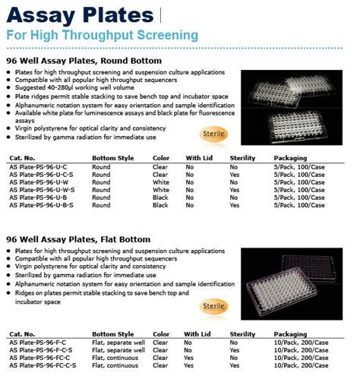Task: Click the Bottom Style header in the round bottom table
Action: (112, 157)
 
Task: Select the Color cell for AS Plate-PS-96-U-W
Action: (160, 182)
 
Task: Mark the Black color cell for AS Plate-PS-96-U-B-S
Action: (160, 205)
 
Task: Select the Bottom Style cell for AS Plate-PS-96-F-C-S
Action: (118, 351)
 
